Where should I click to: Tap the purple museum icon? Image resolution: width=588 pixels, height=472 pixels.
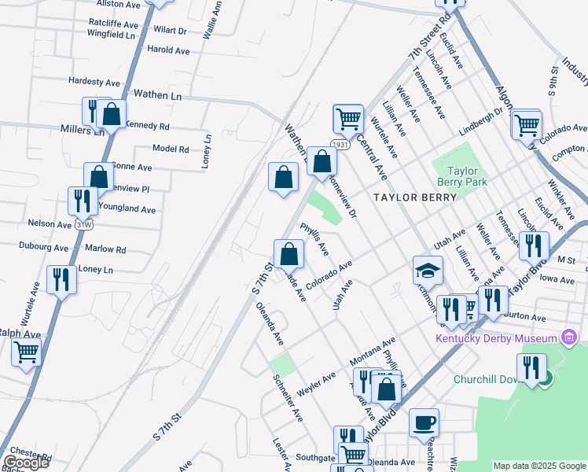point(570,339)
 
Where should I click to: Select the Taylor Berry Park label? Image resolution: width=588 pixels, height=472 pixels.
point(469,176)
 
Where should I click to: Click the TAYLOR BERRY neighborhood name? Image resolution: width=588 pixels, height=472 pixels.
point(415,197)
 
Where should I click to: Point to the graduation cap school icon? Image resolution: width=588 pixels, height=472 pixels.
point(427,271)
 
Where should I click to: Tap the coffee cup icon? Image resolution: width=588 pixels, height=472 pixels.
point(424,423)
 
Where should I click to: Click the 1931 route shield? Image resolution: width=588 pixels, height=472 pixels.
point(340,145)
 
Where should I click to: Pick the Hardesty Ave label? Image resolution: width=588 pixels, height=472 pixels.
point(94,82)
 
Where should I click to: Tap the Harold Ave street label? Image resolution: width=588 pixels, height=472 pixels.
point(169,50)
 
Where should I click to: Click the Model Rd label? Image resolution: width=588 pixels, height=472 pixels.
point(171,149)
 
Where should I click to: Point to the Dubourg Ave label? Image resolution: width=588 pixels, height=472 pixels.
point(44,247)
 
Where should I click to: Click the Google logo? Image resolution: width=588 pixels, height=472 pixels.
point(26,463)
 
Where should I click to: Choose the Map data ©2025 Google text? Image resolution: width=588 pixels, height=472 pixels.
point(539,466)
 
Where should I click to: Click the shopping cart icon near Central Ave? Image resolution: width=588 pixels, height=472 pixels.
point(347,119)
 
